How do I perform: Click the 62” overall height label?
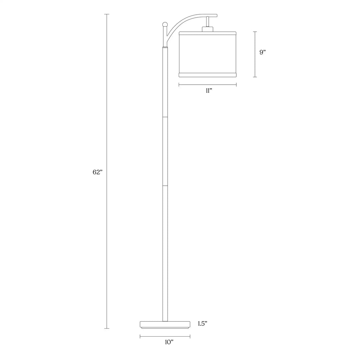pos(97,172)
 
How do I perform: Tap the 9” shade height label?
pos(262,52)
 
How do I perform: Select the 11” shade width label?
pos(208,91)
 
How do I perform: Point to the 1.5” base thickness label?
pos(203,324)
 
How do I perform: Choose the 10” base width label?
pos(169,342)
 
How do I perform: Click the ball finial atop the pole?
pos(165,24)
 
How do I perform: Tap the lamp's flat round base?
pos(165,325)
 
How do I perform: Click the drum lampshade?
pos(208,54)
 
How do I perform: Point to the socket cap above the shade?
pos(208,29)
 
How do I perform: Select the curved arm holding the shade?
pos(184,21)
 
